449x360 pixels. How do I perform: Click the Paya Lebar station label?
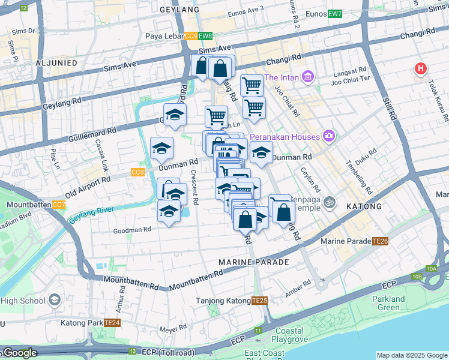point(164,36)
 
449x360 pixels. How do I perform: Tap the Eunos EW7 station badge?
point(334,14)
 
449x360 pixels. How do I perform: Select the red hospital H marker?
point(421,68)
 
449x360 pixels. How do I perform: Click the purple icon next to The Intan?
point(308,77)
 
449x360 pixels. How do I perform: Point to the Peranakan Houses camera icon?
point(328,136)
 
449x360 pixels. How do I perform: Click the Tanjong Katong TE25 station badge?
point(259,301)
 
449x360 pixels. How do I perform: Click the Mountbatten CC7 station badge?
point(59,205)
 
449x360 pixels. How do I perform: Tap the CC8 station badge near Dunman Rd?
point(137,172)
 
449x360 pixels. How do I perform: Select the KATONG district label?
point(364,206)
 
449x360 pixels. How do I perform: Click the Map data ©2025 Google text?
point(412,355)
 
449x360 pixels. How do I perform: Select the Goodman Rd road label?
point(131,230)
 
